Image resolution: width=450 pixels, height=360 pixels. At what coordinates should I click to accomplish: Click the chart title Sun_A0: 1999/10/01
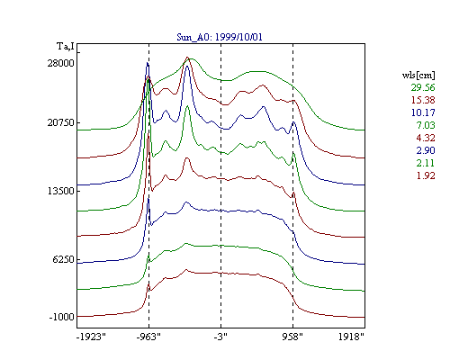tap(220, 37)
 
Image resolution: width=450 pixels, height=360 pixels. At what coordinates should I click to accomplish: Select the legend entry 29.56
tap(423, 87)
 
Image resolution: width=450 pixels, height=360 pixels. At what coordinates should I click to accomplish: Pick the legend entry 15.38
tap(423, 100)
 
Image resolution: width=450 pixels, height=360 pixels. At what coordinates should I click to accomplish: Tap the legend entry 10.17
tap(423, 112)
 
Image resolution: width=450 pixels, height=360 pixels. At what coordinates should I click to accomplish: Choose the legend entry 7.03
tap(426, 125)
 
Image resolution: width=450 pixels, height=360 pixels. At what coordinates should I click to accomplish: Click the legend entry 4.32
tap(426, 138)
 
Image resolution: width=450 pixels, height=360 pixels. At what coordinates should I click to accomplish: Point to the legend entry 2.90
tap(426, 150)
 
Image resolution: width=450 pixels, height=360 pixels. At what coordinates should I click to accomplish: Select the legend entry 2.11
tap(426, 163)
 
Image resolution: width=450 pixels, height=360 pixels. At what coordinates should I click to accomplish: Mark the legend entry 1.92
tap(426, 175)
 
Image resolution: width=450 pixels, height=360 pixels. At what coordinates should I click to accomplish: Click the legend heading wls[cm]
tap(418, 76)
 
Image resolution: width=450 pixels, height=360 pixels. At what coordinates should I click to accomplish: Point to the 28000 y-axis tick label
tap(60, 63)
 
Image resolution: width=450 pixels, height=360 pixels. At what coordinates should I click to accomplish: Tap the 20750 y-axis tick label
tap(60, 122)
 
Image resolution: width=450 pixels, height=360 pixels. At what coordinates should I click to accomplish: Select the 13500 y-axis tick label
tap(60, 191)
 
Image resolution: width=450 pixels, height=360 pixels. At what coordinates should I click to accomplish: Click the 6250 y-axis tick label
tap(63, 259)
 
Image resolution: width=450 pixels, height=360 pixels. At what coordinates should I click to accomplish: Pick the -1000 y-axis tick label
tap(61, 317)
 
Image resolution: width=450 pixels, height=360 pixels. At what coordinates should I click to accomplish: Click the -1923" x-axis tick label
tap(91, 337)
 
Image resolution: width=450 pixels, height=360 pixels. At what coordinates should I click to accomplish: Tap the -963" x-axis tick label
tap(148, 337)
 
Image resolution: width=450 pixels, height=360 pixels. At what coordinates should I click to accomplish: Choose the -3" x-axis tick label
tap(220, 337)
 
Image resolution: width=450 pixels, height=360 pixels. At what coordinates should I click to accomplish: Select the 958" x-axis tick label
tap(292, 337)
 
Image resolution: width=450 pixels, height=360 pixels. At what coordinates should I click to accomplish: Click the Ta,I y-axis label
tap(66, 47)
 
